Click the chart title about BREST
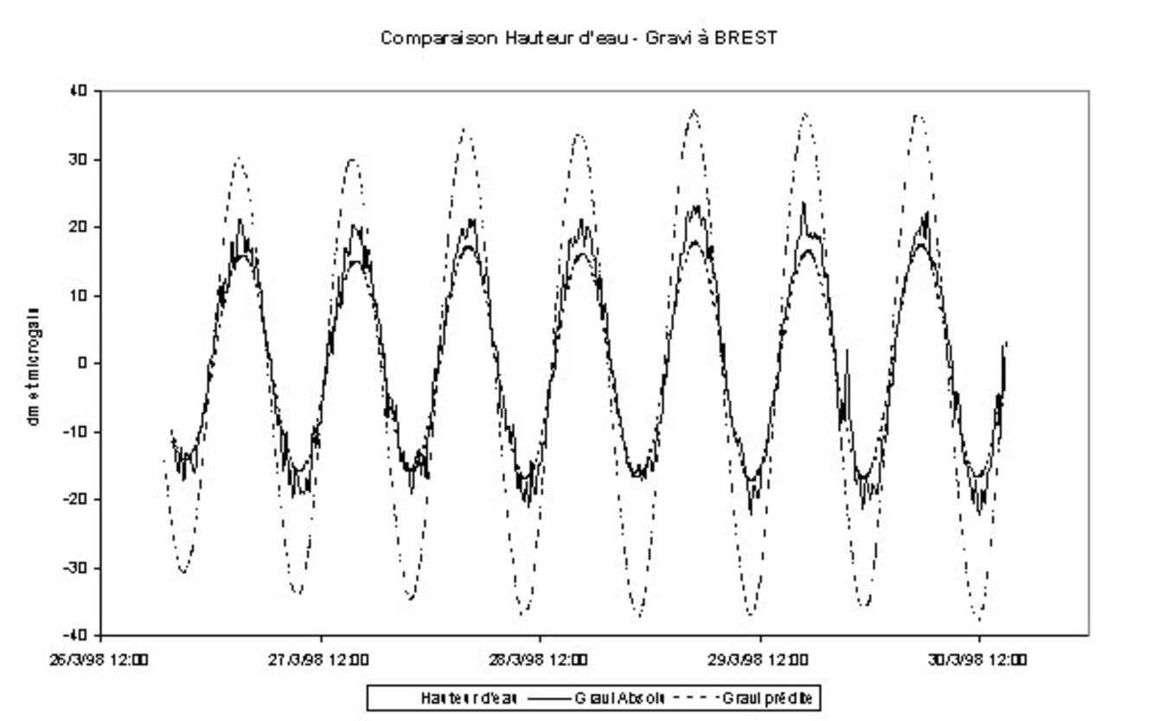click(578, 39)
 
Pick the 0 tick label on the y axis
click(84, 364)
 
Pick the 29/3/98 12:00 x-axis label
click(759, 660)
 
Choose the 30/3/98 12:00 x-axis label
click(978, 660)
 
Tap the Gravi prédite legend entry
click(766, 698)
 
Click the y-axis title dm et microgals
click(33, 364)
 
